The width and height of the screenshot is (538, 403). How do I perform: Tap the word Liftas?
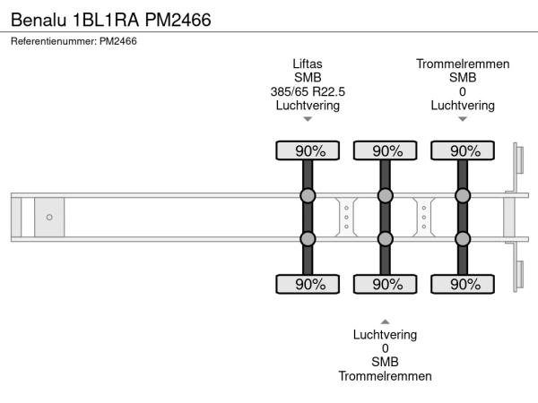tap(308, 64)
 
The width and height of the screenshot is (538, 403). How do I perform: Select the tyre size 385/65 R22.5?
tap(308, 91)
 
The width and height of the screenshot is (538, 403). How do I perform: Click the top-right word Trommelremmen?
tap(463, 64)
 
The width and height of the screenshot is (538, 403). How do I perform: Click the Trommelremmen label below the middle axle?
tap(385, 375)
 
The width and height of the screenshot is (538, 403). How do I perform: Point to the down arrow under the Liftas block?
tap(308, 119)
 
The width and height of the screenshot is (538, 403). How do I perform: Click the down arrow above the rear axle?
tap(463, 119)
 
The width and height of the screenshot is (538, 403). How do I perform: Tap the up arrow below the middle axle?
tap(385, 321)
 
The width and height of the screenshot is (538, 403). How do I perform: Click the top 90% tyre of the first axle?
tap(308, 150)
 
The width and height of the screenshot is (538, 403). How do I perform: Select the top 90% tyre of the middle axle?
tap(386, 150)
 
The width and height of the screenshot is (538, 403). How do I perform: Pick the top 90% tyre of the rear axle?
tap(463, 150)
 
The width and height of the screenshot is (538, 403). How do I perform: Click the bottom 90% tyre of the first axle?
tap(308, 284)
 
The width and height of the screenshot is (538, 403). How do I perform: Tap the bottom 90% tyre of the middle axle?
tap(386, 284)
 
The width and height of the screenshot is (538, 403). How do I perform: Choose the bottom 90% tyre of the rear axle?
tap(463, 284)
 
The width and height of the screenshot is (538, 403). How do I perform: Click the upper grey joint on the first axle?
tap(308, 196)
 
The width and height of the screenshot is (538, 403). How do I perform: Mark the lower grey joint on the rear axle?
tap(463, 238)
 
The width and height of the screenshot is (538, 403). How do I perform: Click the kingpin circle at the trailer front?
tap(49, 217)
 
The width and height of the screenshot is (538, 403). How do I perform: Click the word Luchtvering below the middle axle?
tap(385, 334)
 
